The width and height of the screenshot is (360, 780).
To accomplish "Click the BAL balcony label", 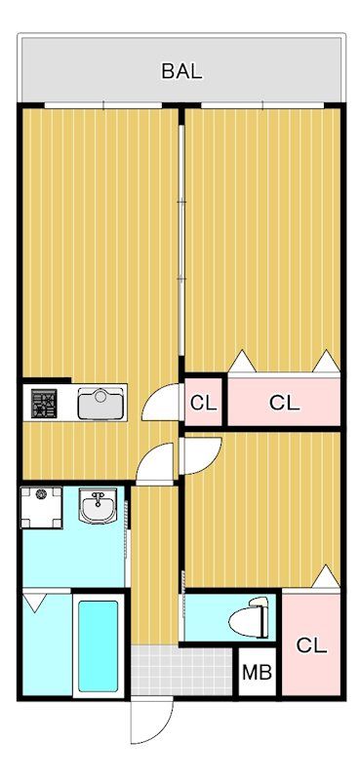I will (x=181, y=70).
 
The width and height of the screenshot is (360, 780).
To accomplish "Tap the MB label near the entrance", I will (x=258, y=673).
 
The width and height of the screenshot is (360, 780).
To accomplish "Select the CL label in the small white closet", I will (x=203, y=402).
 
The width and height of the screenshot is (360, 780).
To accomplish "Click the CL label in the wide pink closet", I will (x=284, y=402).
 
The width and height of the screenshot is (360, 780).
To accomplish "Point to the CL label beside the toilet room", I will (x=311, y=645).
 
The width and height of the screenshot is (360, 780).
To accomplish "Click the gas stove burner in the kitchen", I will (x=44, y=404).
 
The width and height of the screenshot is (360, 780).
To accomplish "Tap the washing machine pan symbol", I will (x=41, y=505).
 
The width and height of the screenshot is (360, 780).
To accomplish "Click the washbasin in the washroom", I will (x=98, y=507).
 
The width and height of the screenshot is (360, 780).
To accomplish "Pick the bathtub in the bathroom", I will (x=97, y=645).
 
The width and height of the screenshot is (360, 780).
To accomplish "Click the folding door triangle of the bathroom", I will (x=34, y=603).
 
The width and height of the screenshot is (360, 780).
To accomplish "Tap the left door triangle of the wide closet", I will (x=241, y=362).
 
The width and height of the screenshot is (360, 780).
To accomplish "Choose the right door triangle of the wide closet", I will (x=326, y=362).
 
